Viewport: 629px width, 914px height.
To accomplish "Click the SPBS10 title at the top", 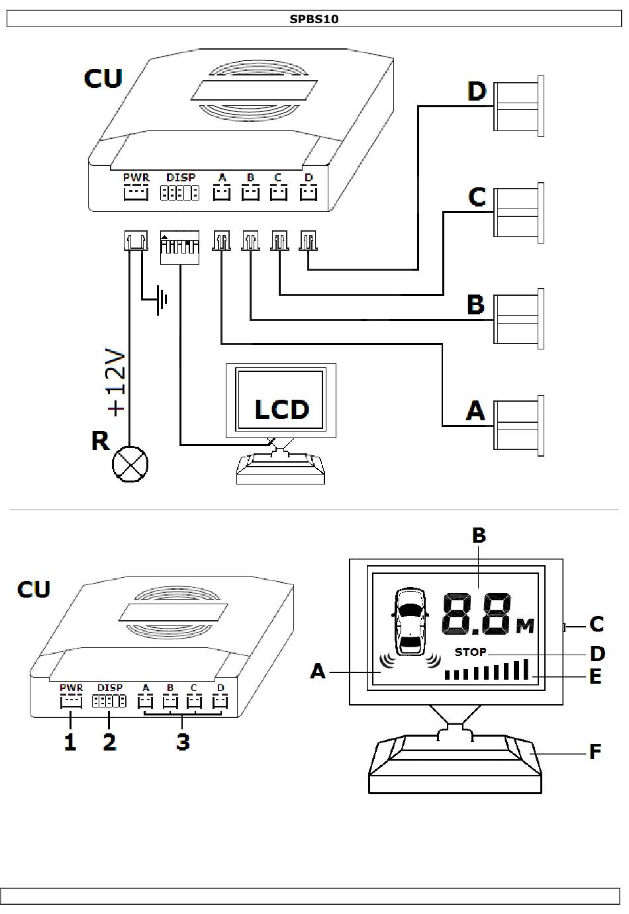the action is pyautogui.click(x=314, y=19).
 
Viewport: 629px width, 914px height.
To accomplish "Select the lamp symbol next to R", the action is pyautogui.click(x=130, y=464).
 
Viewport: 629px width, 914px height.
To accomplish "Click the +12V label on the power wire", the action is pyautogui.click(x=115, y=383).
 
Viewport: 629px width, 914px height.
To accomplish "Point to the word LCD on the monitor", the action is pyautogui.click(x=281, y=409).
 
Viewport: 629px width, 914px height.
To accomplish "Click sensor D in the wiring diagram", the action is pyautogui.click(x=518, y=106).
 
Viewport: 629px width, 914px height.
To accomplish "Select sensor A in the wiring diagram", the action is pyautogui.click(x=518, y=426).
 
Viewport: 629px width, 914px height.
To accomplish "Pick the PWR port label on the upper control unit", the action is pyautogui.click(x=136, y=177).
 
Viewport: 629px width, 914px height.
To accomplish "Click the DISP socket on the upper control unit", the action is pyautogui.click(x=179, y=193).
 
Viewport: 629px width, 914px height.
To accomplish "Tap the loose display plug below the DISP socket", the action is pyautogui.click(x=179, y=248).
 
